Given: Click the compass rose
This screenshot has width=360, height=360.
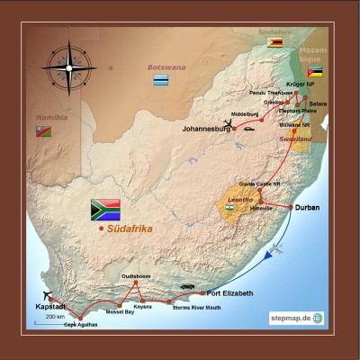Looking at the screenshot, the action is [67, 67].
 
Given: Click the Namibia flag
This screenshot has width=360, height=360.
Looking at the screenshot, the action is [42, 131].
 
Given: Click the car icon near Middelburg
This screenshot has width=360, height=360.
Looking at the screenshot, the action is [248, 129].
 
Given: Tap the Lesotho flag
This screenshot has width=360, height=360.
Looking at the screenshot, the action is [231, 208].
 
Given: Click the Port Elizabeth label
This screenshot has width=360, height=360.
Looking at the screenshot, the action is [229, 293].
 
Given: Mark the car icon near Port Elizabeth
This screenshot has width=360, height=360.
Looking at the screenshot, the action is [187, 287].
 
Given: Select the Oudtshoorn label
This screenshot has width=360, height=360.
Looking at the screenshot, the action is [137, 276].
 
